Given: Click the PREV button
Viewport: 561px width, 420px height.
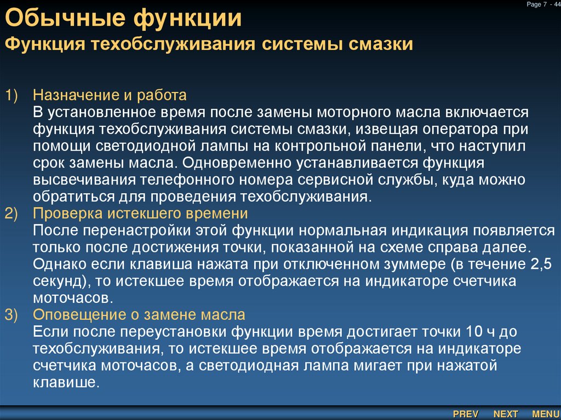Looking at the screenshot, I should click(466, 414).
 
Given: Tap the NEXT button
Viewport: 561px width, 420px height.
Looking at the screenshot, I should click(505, 414).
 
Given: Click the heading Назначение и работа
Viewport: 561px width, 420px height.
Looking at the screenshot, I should click(110, 96).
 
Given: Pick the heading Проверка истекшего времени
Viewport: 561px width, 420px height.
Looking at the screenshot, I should click(140, 213).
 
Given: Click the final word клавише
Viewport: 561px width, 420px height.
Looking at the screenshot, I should click(65, 383).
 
